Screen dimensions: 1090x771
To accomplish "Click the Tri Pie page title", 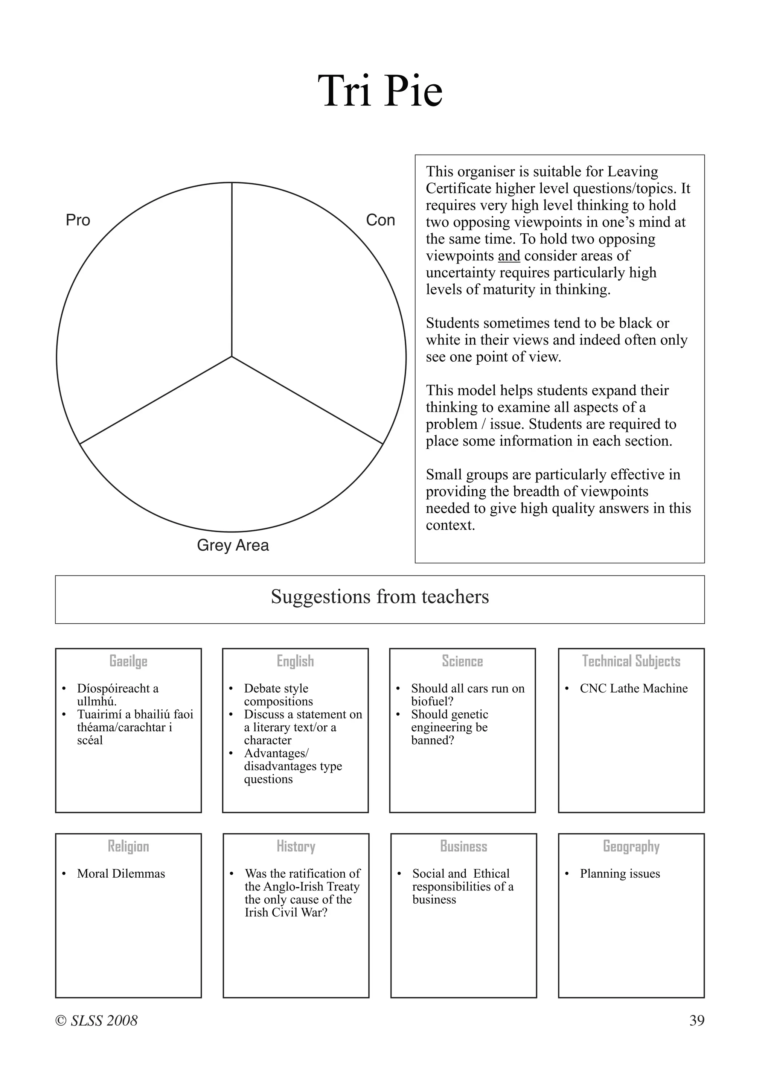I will pyautogui.click(x=380, y=91).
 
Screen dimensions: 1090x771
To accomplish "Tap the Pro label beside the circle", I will pyautogui.click(x=78, y=220).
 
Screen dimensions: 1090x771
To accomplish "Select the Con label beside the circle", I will pyautogui.click(x=380, y=220).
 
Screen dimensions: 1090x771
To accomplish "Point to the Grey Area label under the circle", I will pyautogui.click(x=233, y=545).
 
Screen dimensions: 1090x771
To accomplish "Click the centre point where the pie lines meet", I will pyautogui.click(x=232, y=356).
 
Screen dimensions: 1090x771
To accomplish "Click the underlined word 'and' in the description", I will pyautogui.click(x=509, y=256).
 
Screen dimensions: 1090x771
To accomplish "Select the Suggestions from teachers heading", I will pyautogui.click(x=380, y=597).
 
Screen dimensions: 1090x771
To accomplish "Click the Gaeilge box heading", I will pyautogui.click(x=128, y=661).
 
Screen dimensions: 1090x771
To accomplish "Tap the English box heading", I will pyautogui.click(x=295, y=661).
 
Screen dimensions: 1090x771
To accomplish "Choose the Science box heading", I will pyautogui.click(x=462, y=661).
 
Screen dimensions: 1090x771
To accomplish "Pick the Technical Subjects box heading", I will pyautogui.click(x=631, y=661).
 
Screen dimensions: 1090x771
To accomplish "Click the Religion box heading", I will pyautogui.click(x=128, y=846).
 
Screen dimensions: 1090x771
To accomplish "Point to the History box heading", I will pyautogui.click(x=296, y=846).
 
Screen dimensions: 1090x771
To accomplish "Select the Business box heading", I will pyautogui.click(x=463, y=846).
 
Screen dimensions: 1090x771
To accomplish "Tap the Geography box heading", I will pyautogui.click(x=631, y=846).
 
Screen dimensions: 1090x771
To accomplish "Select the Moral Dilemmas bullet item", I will pyautogui.click(x=121, y=874).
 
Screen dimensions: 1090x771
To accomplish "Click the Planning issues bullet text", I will pyautogui.click(x=620, y=874).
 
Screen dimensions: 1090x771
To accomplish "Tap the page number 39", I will pyautogui.click(x=696, y=1020).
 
